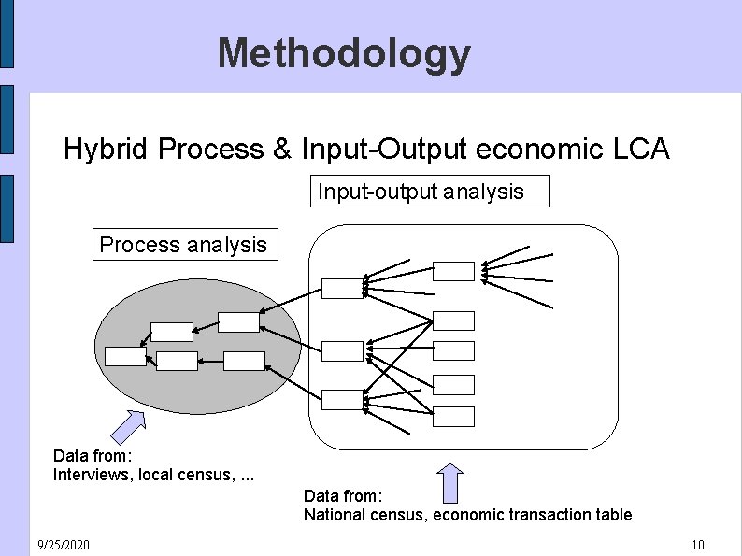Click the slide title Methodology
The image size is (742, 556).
pos(344,53)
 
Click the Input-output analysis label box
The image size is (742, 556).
pos(430,192)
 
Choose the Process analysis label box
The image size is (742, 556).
pos(183,245)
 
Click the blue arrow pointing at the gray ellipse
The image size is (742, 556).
pos(128,425)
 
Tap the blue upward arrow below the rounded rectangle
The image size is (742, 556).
pos(450,483)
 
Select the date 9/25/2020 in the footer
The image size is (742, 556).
pos(64,545)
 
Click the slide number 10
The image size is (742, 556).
pos(697,545)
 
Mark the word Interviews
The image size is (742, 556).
pos(93,475)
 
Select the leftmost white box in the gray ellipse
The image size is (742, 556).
pos(125,356)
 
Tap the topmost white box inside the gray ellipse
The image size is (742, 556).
pos(238,321)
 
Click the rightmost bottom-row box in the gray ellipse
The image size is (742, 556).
pos(245,361)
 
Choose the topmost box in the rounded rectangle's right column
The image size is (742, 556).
pos(454,271)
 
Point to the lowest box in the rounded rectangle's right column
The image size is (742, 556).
pos(454,416)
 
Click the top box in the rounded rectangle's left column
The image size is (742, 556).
pos(342,289)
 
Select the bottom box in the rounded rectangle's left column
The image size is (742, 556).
pos(342,400)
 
